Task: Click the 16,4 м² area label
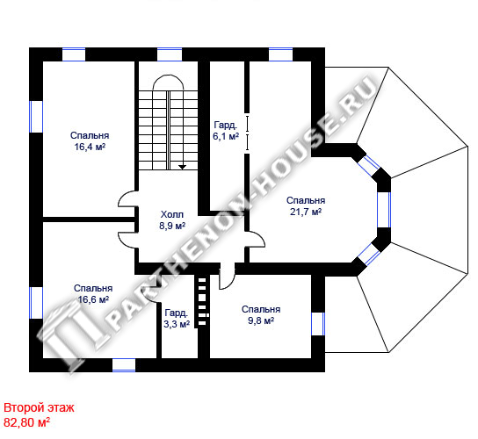(x=90, y=148)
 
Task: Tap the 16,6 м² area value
(x=93, y=299)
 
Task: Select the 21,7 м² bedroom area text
(x=306, y=212)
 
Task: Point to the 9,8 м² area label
(x=261, y=320)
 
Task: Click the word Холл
(x=172, y=215)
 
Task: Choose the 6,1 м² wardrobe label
(x=226, y=136)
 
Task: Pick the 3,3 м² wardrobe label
(x=177, y=324)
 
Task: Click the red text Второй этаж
(x=39, y=407)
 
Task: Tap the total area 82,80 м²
(x=27, y=422)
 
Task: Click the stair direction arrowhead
(x=182, y=167)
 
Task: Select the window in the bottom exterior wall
(x=124, y=365)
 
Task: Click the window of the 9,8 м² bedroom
(x=318, y=324)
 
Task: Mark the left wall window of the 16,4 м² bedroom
(x=36, y=117)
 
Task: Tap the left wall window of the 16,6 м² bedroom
(x=36, y=303)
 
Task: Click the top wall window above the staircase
(x=170, y=54)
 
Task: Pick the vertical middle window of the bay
(x=384, y=210)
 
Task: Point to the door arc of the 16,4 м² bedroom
(x=124, y=197)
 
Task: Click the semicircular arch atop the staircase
(x=169, y=76)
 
